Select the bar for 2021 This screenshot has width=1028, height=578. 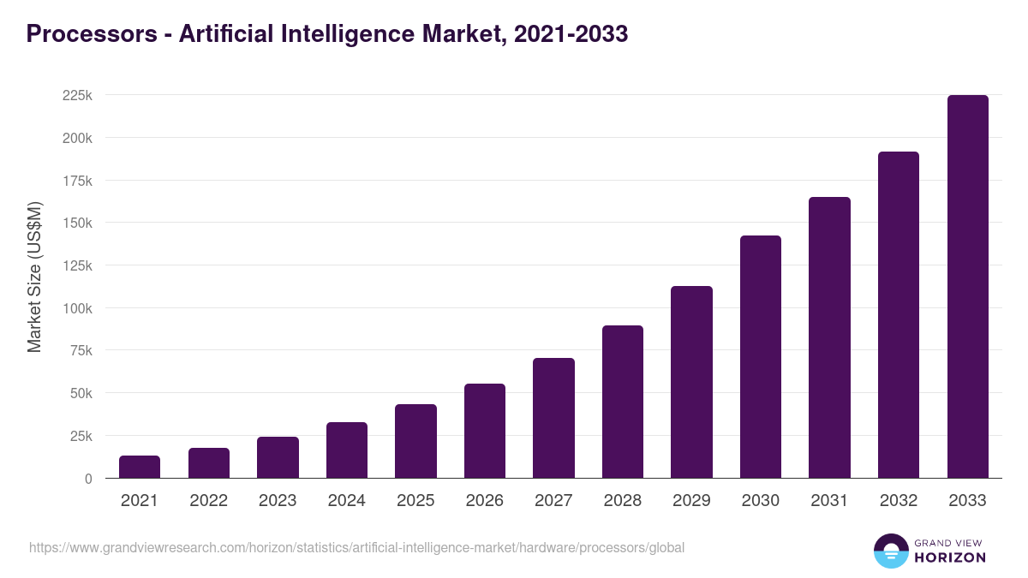(x=140, y=467)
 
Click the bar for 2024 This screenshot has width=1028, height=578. (x=347, y=450)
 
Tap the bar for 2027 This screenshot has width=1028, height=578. (x=553, y=418)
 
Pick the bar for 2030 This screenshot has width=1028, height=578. (x=761, y=357)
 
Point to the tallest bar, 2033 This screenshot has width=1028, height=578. (x=967, y=287)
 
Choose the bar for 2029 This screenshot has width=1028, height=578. (x=691, y=382)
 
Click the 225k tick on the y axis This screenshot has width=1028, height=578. (x=77, y=95)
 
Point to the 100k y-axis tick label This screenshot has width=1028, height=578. (x=77, y=308)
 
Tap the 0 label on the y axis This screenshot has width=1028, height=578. (x=88, y=479)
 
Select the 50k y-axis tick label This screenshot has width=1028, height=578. (x=81, y=393)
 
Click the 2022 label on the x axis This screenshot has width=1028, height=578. (x=208, y=501)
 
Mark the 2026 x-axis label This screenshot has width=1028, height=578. (x=485, y=501)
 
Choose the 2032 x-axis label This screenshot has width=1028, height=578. (x=899, y=501)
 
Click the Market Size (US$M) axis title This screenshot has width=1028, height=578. (x=34, y=277)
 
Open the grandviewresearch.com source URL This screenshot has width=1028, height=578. (x=356, y=547)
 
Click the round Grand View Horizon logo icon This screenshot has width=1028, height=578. (x=890, y=551)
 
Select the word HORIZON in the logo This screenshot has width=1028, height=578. (x=951, y=557)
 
